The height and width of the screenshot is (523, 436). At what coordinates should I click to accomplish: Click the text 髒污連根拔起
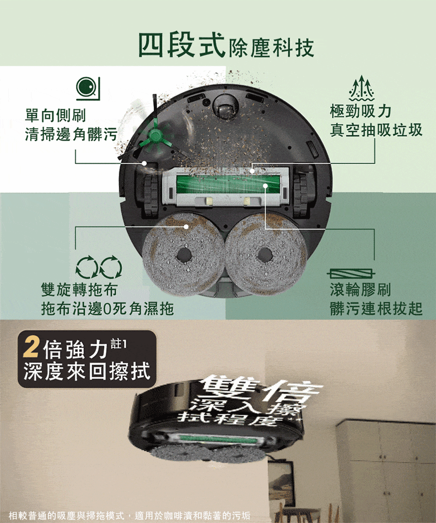point(376,309)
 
